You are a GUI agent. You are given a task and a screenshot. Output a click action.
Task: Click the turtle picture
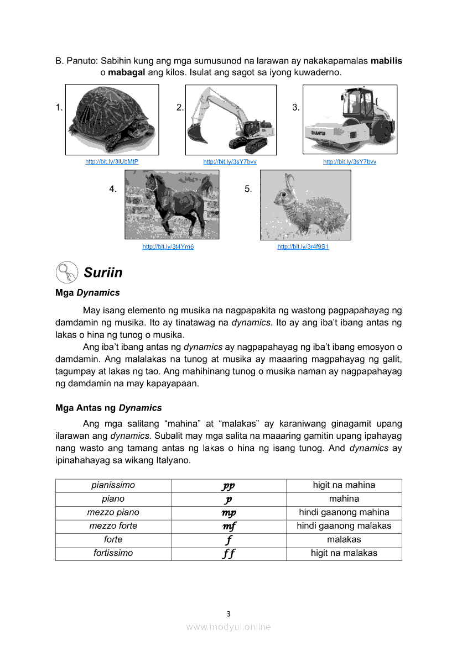click(x=112, y=119)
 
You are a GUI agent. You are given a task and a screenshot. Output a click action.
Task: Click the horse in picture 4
click(x=169, y=202)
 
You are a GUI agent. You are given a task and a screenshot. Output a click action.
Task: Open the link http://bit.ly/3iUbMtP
click(x=112, y=161)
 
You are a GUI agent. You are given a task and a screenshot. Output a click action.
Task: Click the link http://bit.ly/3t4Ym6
click(x=168, y=246)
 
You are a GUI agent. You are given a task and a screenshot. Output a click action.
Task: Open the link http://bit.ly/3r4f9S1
click(x=303, y=246)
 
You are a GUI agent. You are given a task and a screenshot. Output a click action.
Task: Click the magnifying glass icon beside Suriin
click(x=66, y=272)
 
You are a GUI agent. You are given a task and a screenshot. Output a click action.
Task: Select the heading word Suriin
click(x=103, y=272)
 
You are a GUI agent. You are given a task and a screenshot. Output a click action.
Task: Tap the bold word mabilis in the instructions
click(x=386, y=61)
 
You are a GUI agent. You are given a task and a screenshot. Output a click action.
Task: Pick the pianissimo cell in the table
click(x=113, y=485)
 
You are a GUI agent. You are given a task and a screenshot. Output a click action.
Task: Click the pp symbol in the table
click(x=228, y=486)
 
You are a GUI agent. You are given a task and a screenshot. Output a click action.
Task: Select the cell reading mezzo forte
click(x=113, y=526)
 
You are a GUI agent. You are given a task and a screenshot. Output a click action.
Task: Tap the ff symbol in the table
click(x=228, y=553)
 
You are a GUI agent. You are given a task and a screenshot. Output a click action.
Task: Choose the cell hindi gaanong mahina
click(x=344, y=512)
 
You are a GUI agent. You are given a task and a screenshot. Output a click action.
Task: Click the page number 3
click(x=228, y=613)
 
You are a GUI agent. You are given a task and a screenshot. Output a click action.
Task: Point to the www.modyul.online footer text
click(x=228, y=627)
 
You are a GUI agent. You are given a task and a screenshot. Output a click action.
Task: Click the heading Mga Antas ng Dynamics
click(x=108, y=408)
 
